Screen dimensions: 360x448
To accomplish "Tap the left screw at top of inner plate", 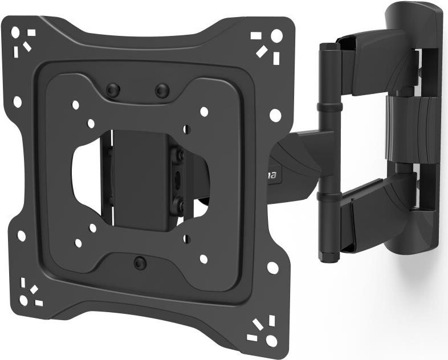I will pyautogui.click(x=113, y=89).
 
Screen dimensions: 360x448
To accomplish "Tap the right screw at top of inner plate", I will pyautogui.click(x=162, y=90).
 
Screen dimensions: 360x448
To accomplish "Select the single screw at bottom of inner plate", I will pyautogui.click(x=140, y=262).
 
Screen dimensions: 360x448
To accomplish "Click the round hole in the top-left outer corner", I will pyautogui.click(x=15, y=33).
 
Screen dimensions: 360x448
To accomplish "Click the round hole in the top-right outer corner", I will pyautogui.click(x=276, y=36).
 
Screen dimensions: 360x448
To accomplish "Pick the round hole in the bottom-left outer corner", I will pyautogui.click(x=23, y=300).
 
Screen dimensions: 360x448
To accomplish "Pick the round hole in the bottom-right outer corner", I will pyautogui.click(x=271, y=340).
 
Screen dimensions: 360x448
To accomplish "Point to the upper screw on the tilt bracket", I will pyautogui.click(x=179, y=154).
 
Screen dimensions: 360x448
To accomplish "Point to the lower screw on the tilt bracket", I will pyautogui.click(x=178, y=202).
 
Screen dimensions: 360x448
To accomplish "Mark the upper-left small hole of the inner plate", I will pyautogui.click(x=75, y=105).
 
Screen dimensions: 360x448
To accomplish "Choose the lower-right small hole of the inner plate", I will pyautogui.click(x=203, y=259).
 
